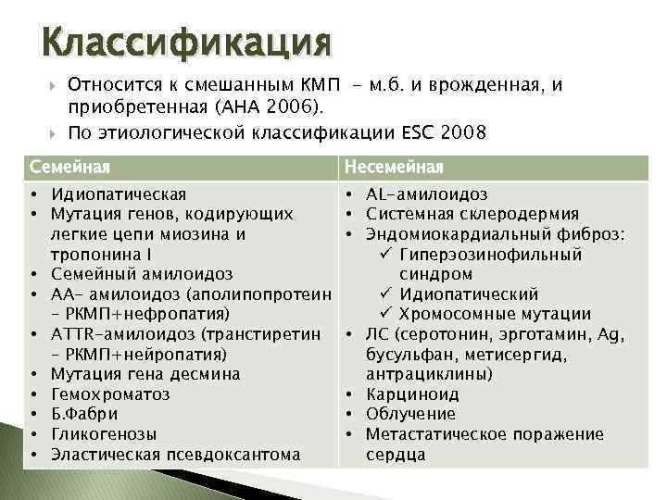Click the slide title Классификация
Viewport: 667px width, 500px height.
pos(186,43)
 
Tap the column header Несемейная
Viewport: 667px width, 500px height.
pos(395,167)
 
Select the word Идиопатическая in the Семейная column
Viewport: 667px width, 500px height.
pos(119,194)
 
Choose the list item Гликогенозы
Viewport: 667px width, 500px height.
pos(104,434)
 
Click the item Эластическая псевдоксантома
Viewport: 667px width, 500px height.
pos(176,454)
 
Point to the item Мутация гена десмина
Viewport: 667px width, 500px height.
pos(145,374)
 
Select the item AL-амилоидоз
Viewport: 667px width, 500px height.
pos(427,194)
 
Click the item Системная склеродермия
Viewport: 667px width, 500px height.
pos(472,214)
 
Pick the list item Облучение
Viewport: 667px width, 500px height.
pos(410,414)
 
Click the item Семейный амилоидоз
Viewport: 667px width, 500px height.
pos(142,274)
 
